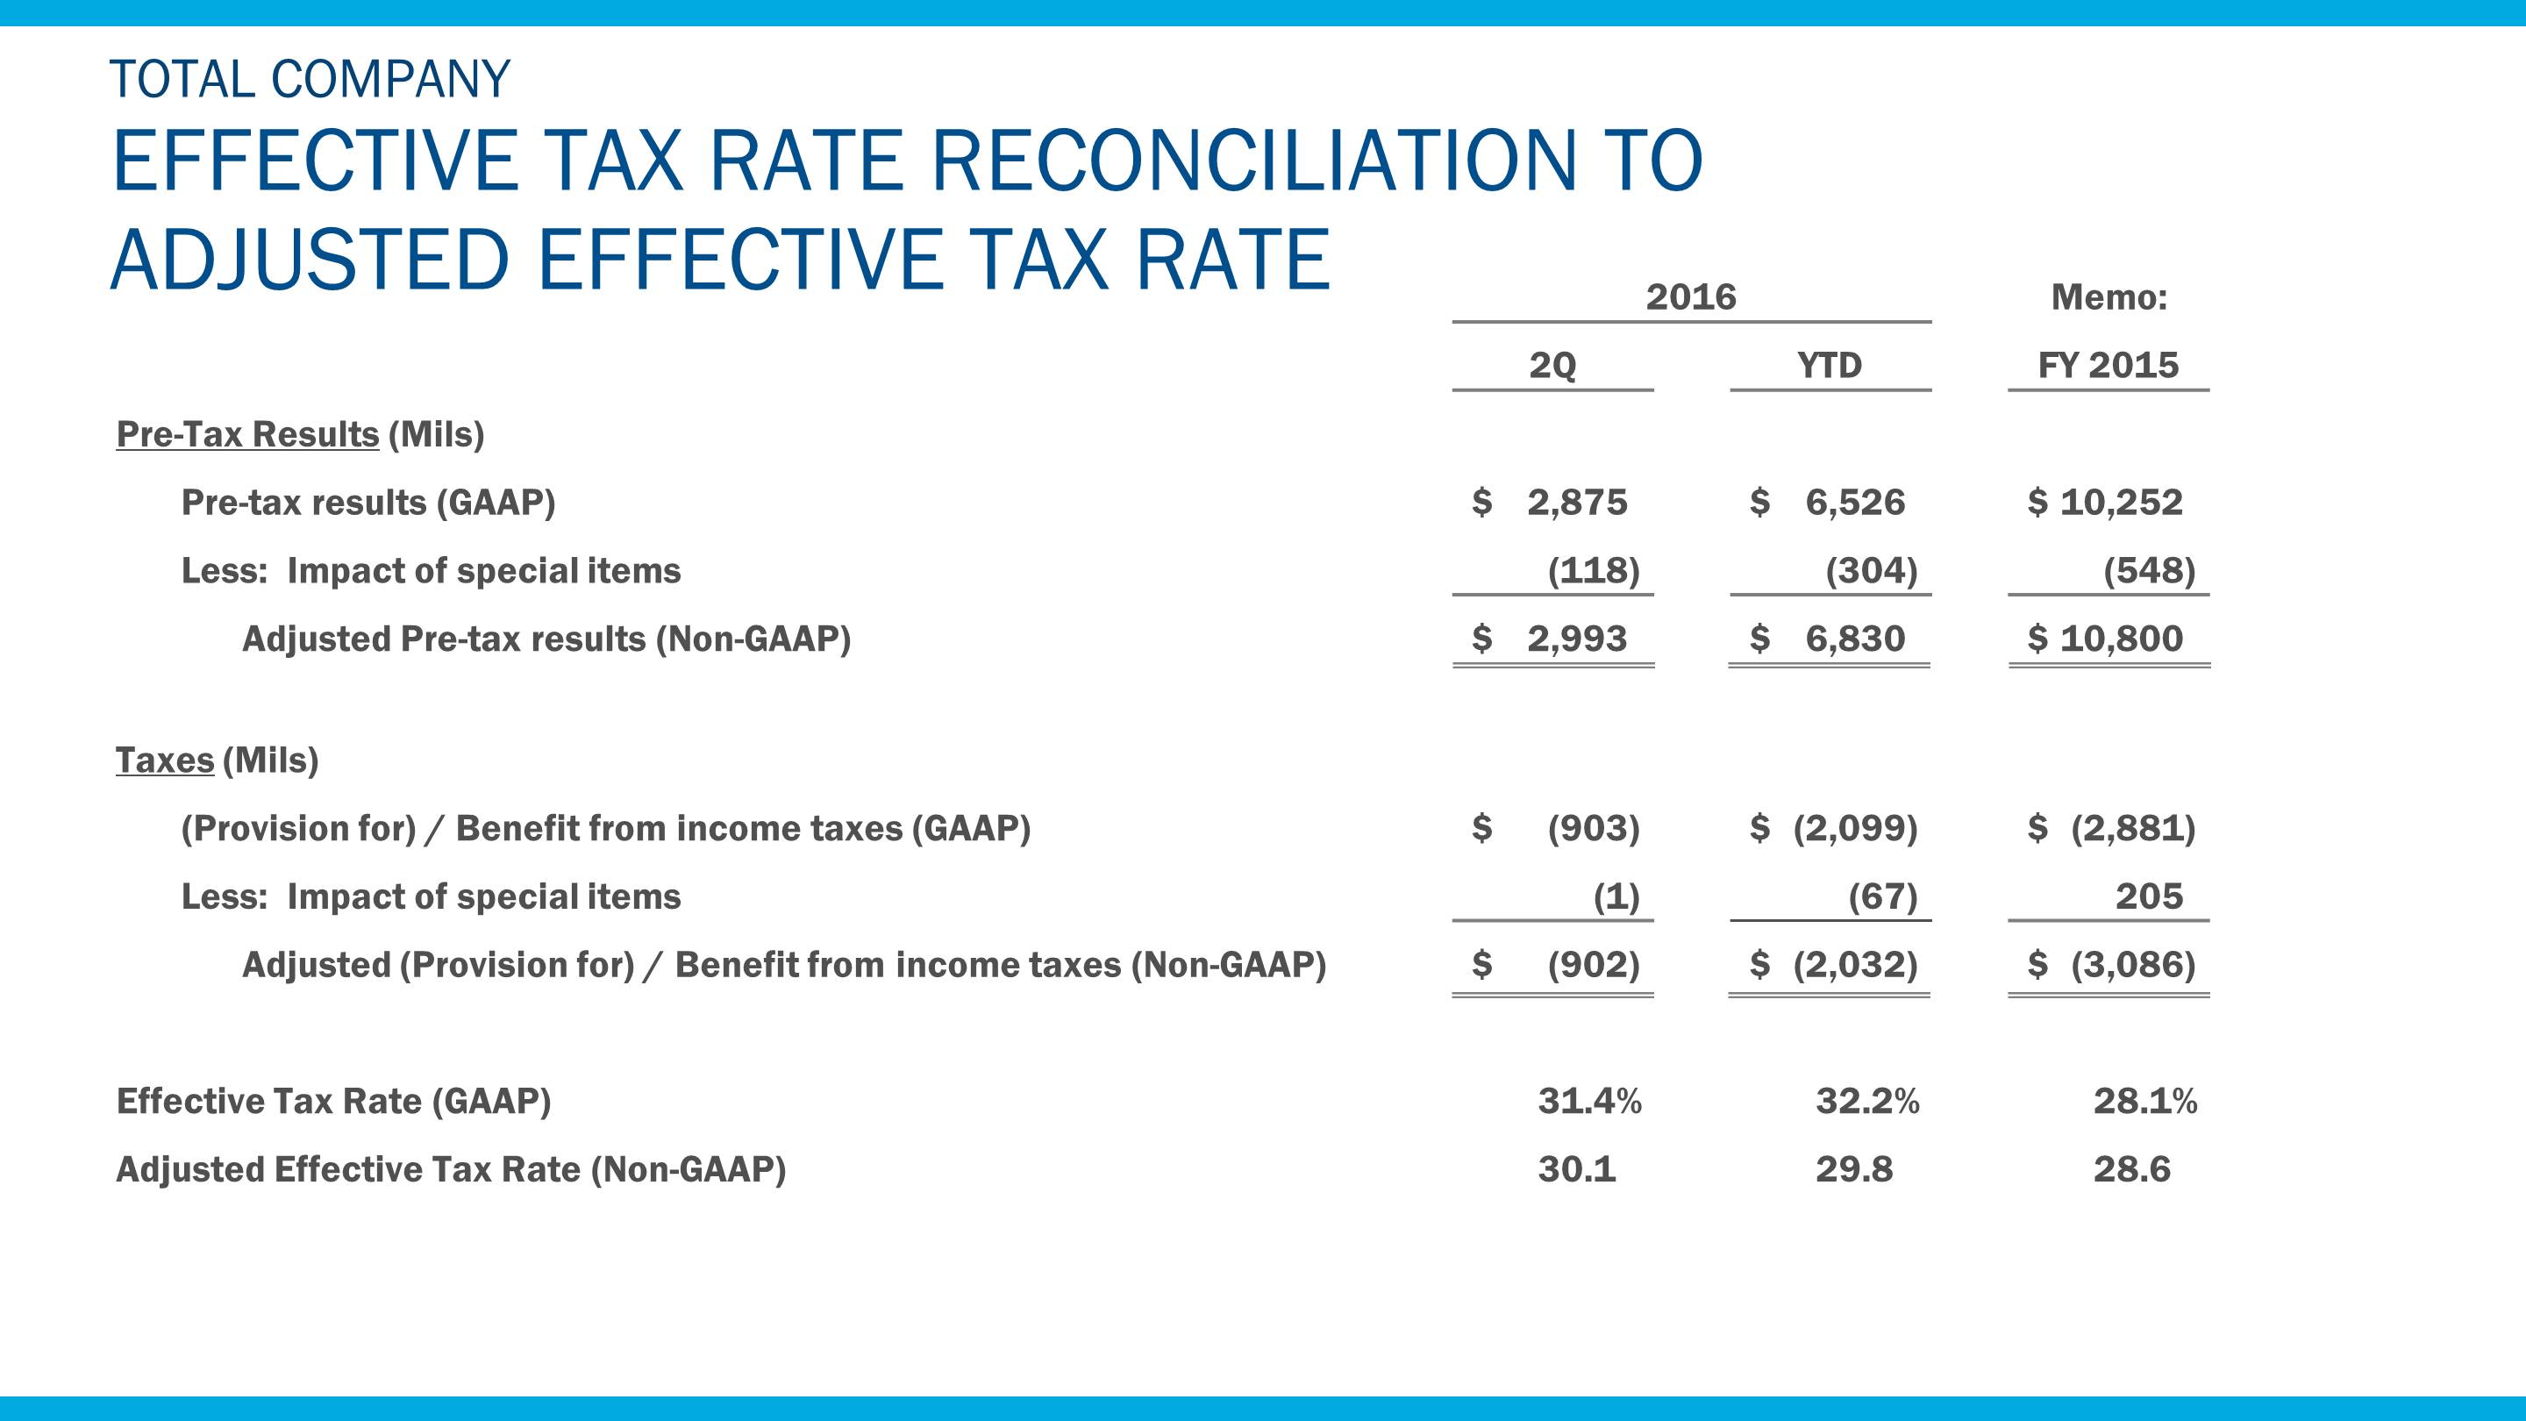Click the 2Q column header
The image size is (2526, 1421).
1552,365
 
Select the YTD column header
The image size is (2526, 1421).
1829,365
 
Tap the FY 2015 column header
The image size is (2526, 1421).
2109,365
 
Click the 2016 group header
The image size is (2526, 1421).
1690,296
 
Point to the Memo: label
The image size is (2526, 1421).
2109,296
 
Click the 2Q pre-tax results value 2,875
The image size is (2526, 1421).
1577,502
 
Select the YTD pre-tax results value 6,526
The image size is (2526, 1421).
1854,502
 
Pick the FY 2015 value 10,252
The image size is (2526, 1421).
2121,502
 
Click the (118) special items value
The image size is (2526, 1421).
1594,570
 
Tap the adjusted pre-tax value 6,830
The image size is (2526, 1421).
1854,639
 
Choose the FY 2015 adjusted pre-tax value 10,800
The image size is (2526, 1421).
2121,639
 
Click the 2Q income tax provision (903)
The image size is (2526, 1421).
1594,828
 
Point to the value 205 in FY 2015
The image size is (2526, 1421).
2149,896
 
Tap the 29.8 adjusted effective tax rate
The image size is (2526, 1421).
1853,1169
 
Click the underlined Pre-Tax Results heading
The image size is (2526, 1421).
247,433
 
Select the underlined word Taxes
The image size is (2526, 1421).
165,760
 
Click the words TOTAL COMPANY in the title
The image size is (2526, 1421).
310,80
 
